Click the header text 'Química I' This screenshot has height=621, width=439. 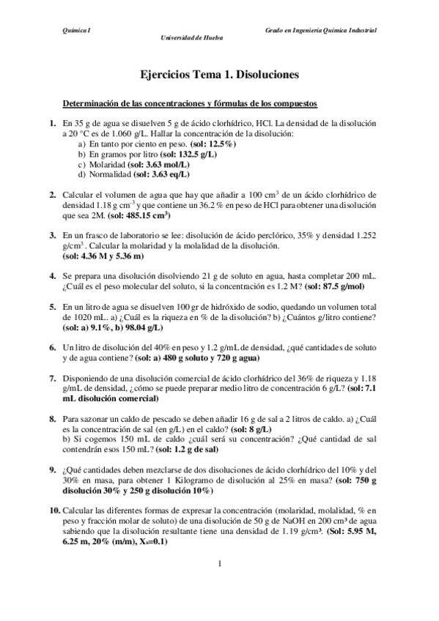77,30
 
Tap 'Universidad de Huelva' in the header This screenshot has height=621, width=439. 192,38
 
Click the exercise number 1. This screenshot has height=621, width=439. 53,124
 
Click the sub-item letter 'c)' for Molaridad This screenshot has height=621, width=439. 82,165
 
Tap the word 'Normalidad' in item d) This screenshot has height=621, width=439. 111,175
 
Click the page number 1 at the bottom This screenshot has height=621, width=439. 219,562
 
